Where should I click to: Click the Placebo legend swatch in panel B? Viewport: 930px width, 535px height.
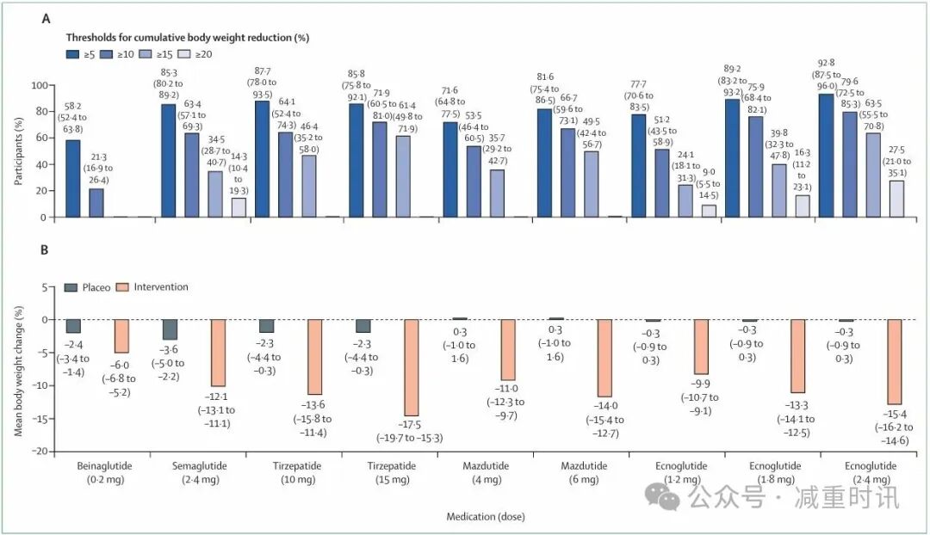pos(75,287)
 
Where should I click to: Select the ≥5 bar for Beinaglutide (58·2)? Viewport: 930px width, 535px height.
pos(73,179)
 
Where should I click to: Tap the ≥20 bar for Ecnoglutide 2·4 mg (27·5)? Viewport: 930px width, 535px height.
pos(896,199)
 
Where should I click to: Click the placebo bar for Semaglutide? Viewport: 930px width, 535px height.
pos(170,329)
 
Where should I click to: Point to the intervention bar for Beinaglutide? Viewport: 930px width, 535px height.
pos(121,335)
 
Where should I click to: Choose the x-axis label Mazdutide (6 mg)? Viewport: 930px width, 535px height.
pos(580,471)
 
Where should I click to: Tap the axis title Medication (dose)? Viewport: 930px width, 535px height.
pos(485,517)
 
